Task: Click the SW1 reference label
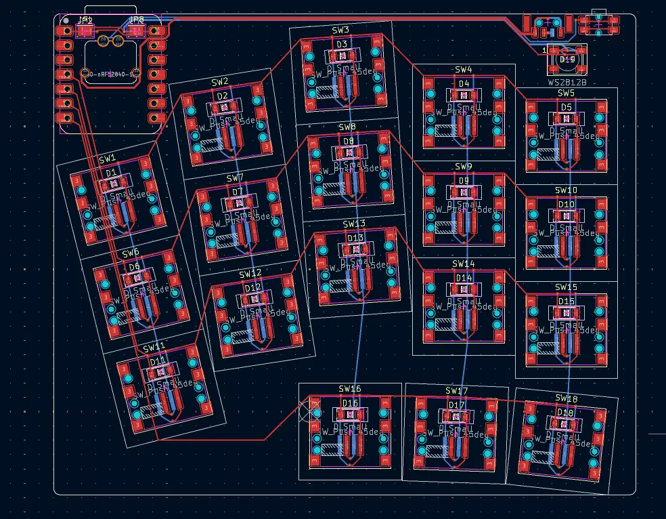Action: (108, 160)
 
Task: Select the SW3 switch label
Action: (340, 30)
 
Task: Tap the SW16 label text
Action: (350, 389)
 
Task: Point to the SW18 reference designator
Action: (567, 398)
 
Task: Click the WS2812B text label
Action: (567, 82)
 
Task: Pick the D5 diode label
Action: (567, 107)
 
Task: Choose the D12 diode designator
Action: (252, 287)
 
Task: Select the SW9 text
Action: (464, 167)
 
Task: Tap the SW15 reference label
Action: (567, 287)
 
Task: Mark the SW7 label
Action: (235, 178)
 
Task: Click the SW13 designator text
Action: (354, 224)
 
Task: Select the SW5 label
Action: (567, 93)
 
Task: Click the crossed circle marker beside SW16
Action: (313, 410)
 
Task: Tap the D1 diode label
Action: (111, 173)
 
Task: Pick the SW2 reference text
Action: (220, 82)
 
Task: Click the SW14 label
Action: (464, 264)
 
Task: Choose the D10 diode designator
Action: (567, 204)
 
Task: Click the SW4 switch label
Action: (464, 70)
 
